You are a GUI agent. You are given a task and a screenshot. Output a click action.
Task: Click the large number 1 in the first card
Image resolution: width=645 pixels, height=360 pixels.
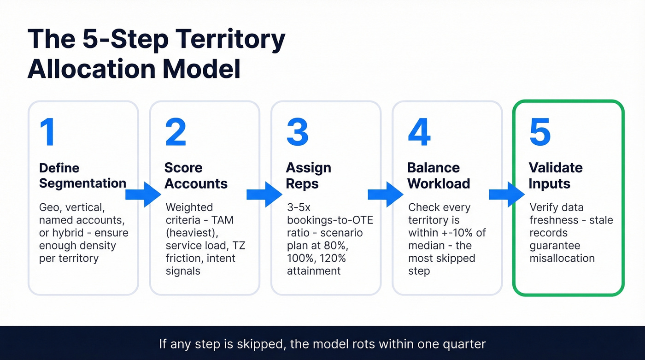point(47,132)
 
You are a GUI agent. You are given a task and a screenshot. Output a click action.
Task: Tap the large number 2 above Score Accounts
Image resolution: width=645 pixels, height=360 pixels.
point(176,132)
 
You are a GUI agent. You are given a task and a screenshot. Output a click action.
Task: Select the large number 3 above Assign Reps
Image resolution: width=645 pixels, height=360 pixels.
point(297,132)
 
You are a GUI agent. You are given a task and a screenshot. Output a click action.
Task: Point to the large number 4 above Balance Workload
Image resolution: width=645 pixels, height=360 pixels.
point(419,132)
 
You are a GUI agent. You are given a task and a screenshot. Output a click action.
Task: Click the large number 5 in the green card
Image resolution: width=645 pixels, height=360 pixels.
point(540,132)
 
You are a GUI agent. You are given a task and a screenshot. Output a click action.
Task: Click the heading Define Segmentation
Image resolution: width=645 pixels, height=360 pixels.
point(82,176)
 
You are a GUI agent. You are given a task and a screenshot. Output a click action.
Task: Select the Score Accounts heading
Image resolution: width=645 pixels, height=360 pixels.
point(196,176)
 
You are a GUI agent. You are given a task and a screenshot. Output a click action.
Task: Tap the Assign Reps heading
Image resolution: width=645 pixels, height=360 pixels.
point(308,176)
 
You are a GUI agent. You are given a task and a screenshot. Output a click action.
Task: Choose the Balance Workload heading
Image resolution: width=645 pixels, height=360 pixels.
point(439,176)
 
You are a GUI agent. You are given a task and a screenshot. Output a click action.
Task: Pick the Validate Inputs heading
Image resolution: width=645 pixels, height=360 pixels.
point(556,176)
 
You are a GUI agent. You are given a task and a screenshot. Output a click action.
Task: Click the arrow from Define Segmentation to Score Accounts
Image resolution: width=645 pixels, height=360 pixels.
point(143,195)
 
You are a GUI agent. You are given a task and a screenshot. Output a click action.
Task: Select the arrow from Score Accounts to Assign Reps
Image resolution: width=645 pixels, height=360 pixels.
point(264,195)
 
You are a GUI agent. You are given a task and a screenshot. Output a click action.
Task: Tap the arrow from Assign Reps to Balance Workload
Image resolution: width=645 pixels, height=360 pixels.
point(386,195)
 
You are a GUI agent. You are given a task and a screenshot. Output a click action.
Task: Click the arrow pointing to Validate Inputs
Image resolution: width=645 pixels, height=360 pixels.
point(507,195)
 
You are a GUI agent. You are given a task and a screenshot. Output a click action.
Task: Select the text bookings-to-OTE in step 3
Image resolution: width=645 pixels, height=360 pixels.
point(330,220)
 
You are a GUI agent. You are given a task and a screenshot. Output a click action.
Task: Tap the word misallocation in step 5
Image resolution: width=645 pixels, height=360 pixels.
point(562,258)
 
